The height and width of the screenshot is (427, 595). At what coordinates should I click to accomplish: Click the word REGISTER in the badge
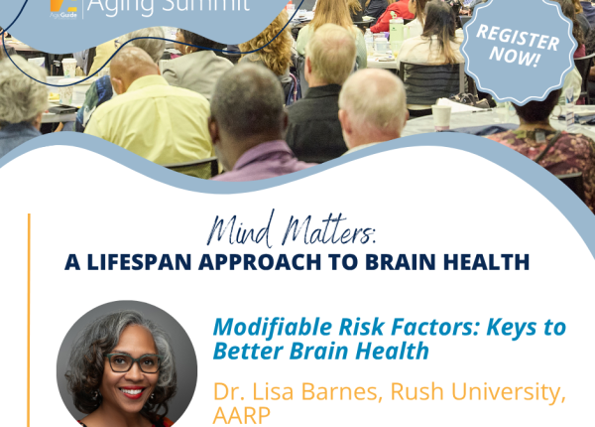pyautogui.click(x=518, y=37)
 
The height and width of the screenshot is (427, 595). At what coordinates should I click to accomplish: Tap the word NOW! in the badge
pyautogui.click(x=515, y=57)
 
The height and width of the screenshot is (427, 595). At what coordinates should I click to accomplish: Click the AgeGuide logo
pyautogui.click(x=63, y=8)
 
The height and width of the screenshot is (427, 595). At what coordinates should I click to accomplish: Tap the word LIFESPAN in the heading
pyautogui.click(x=139, y=262)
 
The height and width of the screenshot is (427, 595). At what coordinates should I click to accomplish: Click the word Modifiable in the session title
pyautogui.click(x=272, y=327)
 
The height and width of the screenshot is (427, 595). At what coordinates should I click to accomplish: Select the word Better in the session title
pyautogui.click(x=248, y=351)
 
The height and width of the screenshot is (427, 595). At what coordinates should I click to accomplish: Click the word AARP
pyautogui.click(x=241, y=415)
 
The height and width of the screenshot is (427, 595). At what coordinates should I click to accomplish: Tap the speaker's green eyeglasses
pyautogui.click(x=133, y=362)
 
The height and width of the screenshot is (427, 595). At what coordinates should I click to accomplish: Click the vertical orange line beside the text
pyautogui.click(x=29, y=320)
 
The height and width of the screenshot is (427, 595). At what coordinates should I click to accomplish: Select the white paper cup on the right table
pyautogui.click(x=441, y=117)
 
